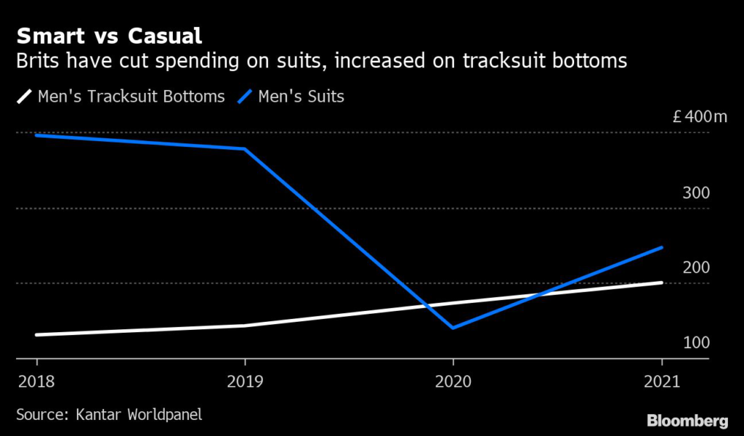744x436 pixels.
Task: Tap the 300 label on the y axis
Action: [695, 193]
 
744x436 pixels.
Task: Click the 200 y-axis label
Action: [695, 267]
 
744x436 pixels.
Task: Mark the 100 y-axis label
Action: [695, 342]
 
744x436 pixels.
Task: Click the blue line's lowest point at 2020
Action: [453, 328]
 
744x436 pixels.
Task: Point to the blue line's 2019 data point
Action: [245, 149]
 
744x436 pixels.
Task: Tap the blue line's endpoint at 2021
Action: [662, 248]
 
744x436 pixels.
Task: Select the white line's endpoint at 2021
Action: [662, 283]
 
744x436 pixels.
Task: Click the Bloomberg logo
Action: [687, 420]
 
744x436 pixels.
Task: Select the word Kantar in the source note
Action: [98, 415]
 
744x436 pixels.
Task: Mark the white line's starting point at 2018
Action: [37, 335]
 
